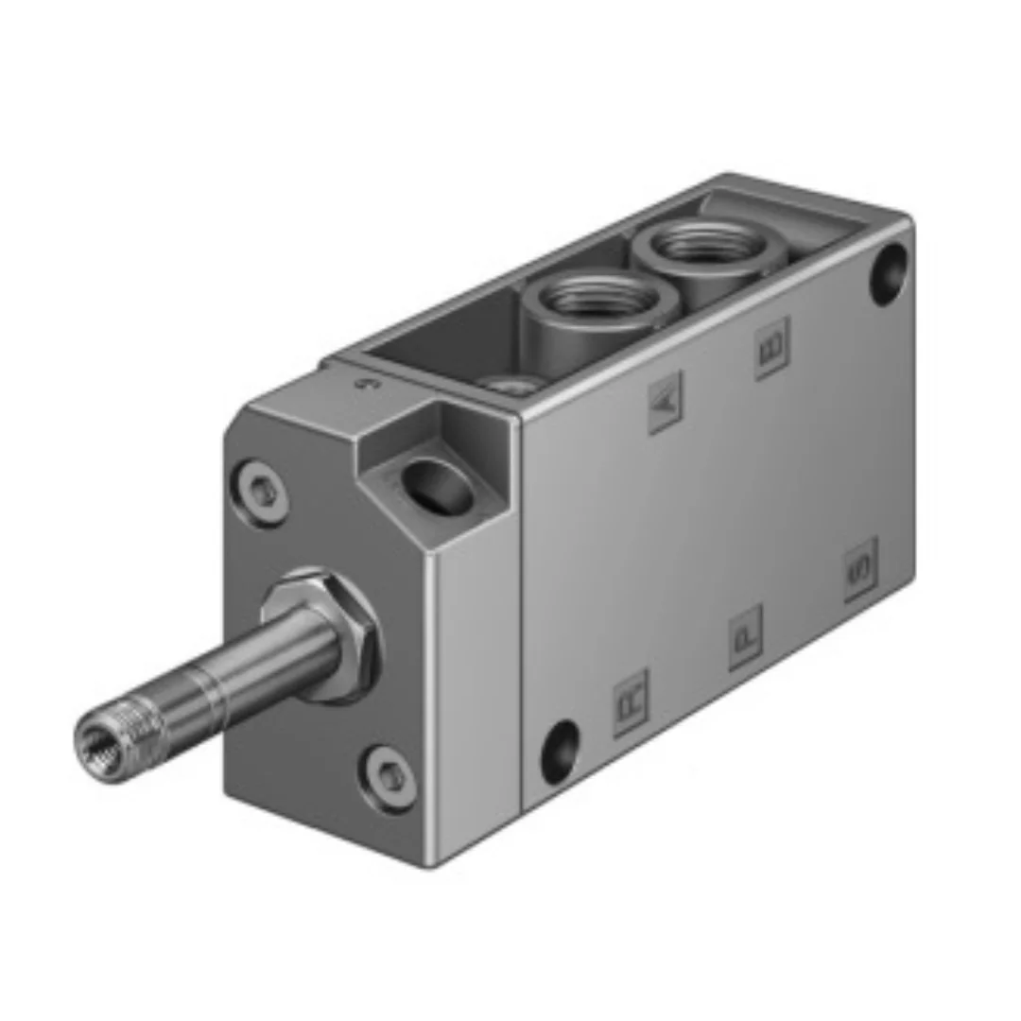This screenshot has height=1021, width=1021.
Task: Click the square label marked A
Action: pyautogui.click(x=666, y=402)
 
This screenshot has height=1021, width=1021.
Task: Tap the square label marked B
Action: pyautogui.click(x=771, y=348)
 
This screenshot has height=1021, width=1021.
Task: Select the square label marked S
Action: pyautogui.click(x=860, y=569)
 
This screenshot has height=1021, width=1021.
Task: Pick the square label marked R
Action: pyautogui.click(x=631, y=703)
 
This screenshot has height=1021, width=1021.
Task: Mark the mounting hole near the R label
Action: pyautogui.click(x=561, y=751)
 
